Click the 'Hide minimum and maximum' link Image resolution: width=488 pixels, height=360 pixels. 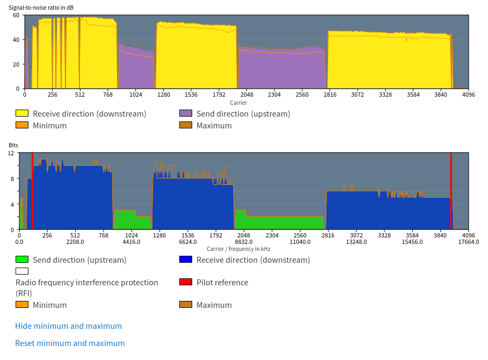68,326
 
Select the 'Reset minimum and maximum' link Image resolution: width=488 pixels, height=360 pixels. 70,343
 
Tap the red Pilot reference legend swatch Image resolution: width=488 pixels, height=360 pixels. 186,282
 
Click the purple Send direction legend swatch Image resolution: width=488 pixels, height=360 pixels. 186,113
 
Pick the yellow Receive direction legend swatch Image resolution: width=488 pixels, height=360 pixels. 22,113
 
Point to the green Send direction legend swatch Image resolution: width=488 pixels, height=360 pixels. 22,260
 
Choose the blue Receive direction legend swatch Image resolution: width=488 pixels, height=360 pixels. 186,260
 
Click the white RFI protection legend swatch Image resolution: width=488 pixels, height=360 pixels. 22,271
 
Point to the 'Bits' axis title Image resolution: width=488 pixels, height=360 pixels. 13,146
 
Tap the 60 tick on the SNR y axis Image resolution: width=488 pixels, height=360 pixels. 16,15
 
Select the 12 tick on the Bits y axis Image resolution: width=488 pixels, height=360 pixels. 11,153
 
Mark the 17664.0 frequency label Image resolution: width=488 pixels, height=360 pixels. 469,242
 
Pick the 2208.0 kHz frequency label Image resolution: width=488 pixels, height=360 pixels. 75,242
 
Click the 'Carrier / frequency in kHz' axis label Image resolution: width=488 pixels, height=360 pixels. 238,249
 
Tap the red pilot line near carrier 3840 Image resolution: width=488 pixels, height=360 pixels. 451,191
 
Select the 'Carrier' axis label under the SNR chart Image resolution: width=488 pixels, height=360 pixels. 238,103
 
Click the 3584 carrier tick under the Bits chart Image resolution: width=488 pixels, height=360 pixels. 412,235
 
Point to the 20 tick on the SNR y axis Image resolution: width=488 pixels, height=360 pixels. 16,64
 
